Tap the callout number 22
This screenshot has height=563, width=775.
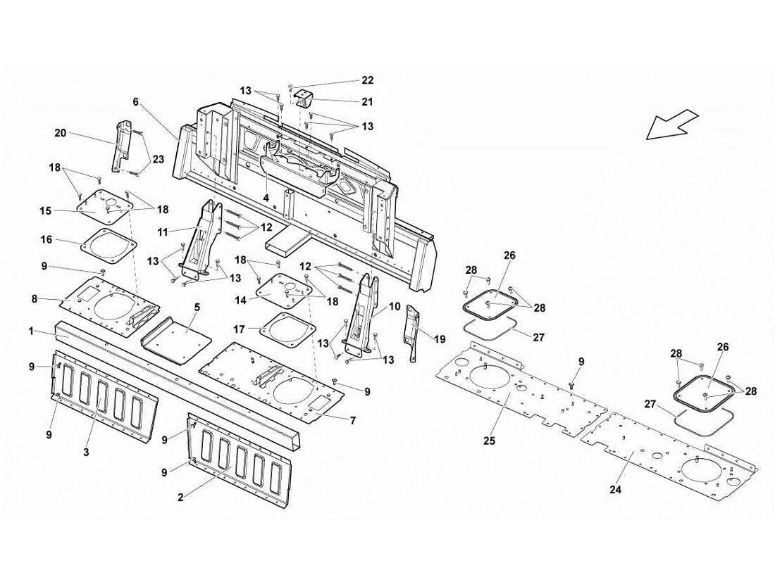tap(367, 80)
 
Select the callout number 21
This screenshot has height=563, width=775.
tap(367, 102)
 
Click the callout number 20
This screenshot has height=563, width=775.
tap(61, 132)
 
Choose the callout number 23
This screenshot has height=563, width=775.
tap(158, 160)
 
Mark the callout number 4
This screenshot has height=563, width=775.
tap(266, 199)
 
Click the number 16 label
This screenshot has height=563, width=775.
tap(46, 240)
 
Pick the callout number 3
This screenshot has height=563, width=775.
tap(86, 453)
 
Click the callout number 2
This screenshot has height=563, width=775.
tap(180, 498)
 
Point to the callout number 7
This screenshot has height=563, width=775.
tap(352, 420)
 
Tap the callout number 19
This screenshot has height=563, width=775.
tap(440, 339)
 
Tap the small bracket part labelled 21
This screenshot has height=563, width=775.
tap(304, 99)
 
